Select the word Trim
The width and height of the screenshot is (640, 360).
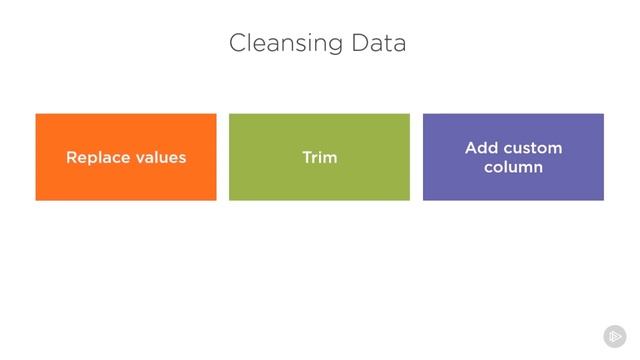coord(319,158)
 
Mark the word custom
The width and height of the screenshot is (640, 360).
coord(532,148)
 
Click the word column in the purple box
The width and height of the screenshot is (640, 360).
coord(513,167)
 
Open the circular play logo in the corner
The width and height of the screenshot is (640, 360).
coord(615,336)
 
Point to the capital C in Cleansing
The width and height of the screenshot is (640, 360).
coord(237,44)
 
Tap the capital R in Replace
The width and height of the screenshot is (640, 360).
coord(71,158)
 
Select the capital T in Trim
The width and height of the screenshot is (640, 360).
coord(306,158)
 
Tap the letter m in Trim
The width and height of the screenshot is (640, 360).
coord(330,158)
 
